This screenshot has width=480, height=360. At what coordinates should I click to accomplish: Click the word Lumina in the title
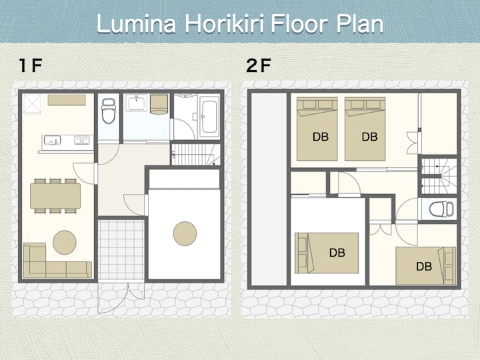pos(136,24)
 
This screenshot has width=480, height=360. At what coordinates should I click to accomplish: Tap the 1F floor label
pos(30,65)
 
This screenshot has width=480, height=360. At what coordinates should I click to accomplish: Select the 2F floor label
pos(259,65)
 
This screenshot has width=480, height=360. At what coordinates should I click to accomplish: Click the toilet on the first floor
pos(109,111)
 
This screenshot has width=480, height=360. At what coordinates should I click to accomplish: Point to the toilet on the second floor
pos(441,209)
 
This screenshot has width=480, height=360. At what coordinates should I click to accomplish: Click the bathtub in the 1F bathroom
pos(209,117)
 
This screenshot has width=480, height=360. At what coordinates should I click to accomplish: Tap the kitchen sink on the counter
pos(53,141)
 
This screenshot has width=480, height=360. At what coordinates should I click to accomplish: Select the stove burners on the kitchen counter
pos(82,140)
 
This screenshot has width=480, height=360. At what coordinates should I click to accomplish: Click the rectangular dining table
pos(55,196)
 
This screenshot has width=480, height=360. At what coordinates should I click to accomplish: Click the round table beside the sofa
pos(65,243)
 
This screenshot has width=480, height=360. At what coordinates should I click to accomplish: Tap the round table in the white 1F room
pos(185,233)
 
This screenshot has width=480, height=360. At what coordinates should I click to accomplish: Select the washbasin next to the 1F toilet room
pos(137,103)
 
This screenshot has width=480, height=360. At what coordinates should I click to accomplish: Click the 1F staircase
pos(195,154)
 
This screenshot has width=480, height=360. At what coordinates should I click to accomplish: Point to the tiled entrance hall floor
pos(121,249)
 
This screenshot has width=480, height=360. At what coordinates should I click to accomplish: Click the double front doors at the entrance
pos(121,297)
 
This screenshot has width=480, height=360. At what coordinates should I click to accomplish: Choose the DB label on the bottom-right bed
pos(424,266)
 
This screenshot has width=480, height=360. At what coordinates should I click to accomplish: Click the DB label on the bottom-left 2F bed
pos(337,253)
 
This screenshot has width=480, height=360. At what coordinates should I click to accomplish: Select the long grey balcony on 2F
pos(269,189)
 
